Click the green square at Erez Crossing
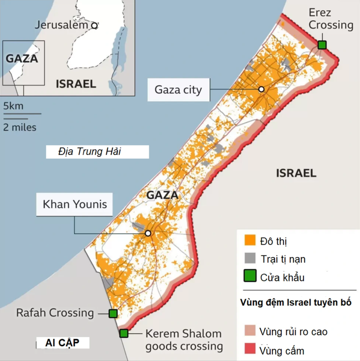point(322,45)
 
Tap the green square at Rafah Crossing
point(113,313)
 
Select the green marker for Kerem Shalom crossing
point(124,333)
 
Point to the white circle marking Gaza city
point(261,89)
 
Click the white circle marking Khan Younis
point(148,233)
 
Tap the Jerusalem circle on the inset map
point(94,25)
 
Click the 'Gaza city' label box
point(179,90)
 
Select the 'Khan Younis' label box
point(75,204)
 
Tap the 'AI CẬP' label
point(62,343)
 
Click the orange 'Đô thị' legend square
point(250,241)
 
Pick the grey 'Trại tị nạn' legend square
point(250,259)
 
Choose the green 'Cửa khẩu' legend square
point(250,276)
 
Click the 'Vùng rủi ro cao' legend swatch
point(250,331)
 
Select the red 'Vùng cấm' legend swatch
point(250,350)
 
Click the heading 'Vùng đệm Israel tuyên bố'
point(296,303)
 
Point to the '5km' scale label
point(13,107)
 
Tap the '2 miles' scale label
point(20,127)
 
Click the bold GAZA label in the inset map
point(22,58)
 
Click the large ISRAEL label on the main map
point(296,173)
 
